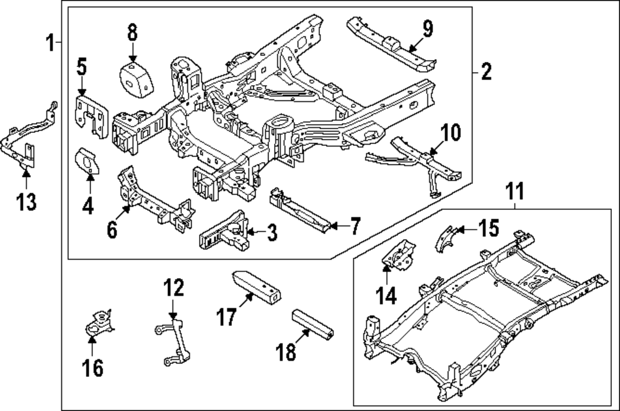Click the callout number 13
coord(26,202)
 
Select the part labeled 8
coord(136,79)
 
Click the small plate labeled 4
coord(87,161)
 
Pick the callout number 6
coord(112,230)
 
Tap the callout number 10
coord(451,133)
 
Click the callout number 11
coord(515,191)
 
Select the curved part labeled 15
coord(446,238)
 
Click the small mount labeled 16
coord(97,325)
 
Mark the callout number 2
coord(485,73)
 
